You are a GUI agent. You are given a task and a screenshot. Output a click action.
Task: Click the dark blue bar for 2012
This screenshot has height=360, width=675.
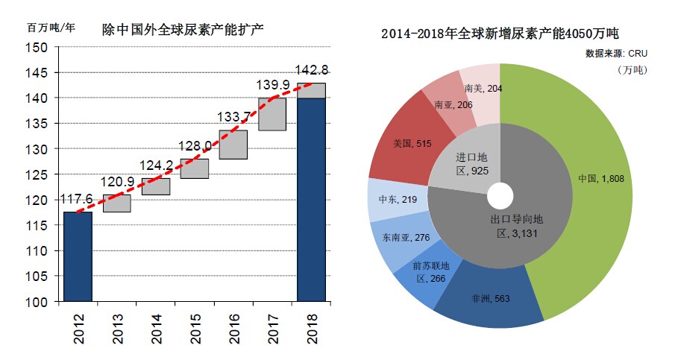point(78,256)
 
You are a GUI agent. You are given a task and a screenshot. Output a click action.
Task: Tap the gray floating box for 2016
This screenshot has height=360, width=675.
point(233,144)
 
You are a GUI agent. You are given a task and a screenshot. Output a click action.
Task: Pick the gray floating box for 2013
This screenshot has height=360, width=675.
point(117,203)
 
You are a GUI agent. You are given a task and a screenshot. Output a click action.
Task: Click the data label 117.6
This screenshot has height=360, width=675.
point(77,200)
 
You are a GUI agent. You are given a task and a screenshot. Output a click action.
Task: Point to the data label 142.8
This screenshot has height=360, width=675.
point(312,70)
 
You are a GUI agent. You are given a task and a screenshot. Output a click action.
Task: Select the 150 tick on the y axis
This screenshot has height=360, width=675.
point(39,48)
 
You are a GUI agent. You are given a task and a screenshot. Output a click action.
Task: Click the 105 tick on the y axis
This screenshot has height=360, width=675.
point(39,277)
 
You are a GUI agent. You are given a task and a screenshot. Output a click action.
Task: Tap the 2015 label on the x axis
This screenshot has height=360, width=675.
point(195,329)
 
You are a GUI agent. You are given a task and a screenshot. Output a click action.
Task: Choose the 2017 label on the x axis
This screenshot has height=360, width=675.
point(273,329)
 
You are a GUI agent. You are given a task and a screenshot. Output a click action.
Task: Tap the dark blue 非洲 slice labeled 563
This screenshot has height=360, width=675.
point(489,302)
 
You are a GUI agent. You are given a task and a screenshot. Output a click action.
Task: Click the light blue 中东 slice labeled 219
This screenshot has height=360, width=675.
point(389,200)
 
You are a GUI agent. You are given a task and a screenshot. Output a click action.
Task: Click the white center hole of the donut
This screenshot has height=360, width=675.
point(500,197)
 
